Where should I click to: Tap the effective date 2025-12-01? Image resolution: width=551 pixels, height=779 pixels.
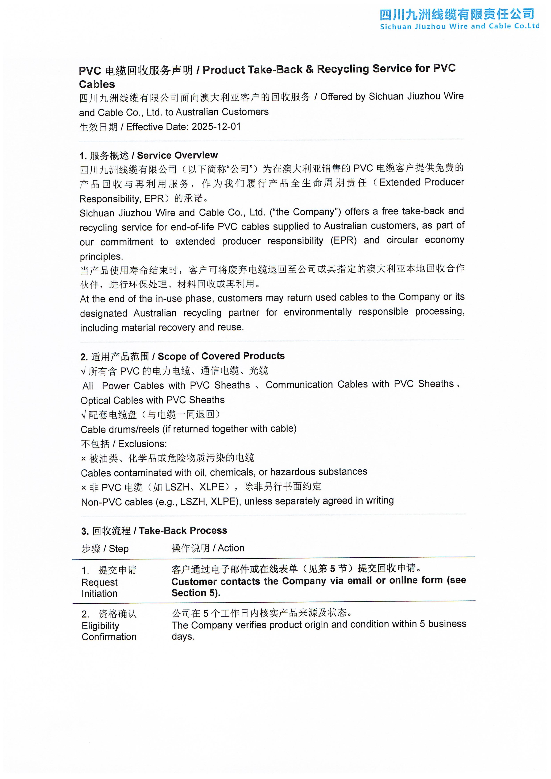216,127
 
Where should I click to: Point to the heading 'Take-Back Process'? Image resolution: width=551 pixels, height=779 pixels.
183,531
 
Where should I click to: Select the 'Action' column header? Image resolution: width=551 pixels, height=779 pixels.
231,548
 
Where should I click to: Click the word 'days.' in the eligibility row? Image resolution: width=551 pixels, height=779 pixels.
183,637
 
